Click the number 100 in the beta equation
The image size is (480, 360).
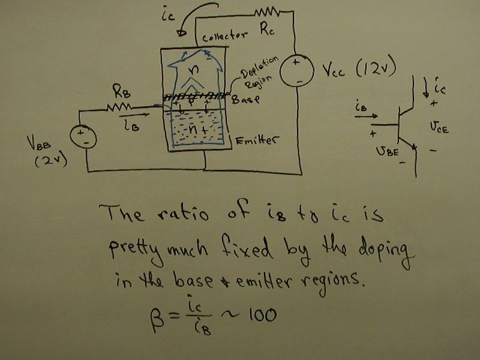click(x=260, y=316)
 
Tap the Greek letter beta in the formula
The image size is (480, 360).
click(x=155, y=316)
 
